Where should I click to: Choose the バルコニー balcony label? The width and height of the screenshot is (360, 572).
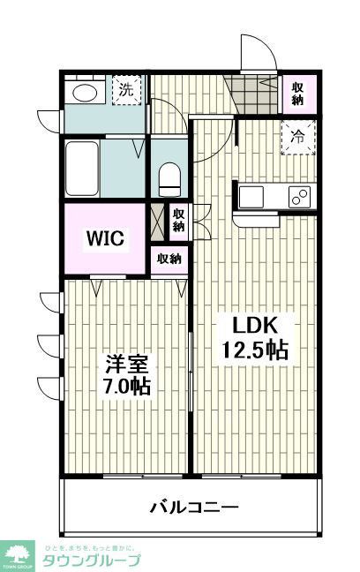point(193,508)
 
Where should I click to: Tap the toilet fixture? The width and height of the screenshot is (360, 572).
point(168,180)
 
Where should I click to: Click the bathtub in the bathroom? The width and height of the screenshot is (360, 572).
point(83,169)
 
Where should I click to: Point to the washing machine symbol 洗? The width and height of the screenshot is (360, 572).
point(126,90)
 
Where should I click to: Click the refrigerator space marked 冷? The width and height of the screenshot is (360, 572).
point(298,137)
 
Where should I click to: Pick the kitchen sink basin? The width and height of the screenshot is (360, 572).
point(249,195)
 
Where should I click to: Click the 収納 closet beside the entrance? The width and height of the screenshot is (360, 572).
point(299,93)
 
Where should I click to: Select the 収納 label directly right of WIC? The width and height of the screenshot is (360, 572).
point(178,220)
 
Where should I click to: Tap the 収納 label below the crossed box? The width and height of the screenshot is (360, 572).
point(169,259)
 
